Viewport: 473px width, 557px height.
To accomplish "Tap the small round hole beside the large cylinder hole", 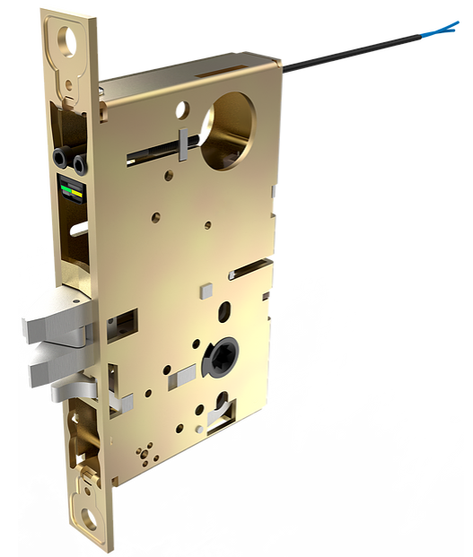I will (182, 110).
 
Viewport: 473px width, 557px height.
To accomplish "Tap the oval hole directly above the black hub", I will (223, 315).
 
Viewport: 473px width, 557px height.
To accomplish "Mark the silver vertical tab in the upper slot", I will (183, 144).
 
